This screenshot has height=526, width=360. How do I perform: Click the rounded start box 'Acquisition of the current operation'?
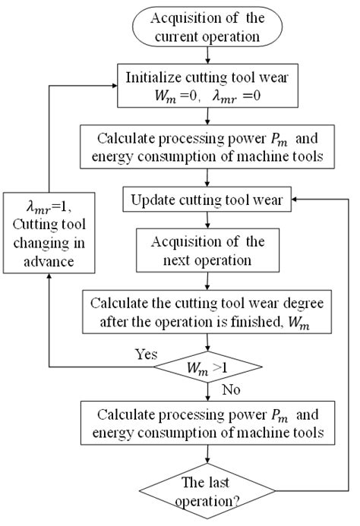207,26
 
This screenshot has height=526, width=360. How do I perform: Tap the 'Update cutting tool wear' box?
207,200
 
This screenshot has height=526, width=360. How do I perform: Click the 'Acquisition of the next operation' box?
207,251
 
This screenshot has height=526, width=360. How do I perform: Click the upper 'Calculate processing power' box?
207,146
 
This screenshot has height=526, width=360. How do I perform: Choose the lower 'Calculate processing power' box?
207,424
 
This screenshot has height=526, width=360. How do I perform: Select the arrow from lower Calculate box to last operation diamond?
207,458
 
